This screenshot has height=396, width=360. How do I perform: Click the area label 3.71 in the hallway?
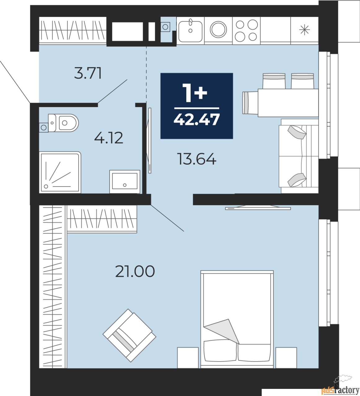click(x=88, y=74)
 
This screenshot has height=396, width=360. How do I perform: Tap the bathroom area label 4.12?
click(x=109, y=138)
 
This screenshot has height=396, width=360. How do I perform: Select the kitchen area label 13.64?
click(x=197, y=159)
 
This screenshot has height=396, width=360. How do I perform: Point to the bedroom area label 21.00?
click(x=135, y=271)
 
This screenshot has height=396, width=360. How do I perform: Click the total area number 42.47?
click(x=197, y=119)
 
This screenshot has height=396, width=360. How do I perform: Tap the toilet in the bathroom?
click(x=63, y=123)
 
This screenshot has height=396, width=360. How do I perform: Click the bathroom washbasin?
click(x=124, y=181)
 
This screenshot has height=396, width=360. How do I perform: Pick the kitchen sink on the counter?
click(x=190, y=30)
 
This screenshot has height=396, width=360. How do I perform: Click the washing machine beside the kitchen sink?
click(x=219, y=30)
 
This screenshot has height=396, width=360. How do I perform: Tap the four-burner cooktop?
click(x=246, y=30)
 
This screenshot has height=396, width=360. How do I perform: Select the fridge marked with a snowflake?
click(x=305, y=30)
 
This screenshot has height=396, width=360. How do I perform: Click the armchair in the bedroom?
click(x=129, y=335)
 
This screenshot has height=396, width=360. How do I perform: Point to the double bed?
click(x=237, y=319)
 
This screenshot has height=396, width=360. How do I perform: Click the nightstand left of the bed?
click(x=188, y=358)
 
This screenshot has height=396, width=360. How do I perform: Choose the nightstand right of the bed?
click(x=286, y=358)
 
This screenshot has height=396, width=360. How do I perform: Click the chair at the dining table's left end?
click(x=250, y=103)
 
